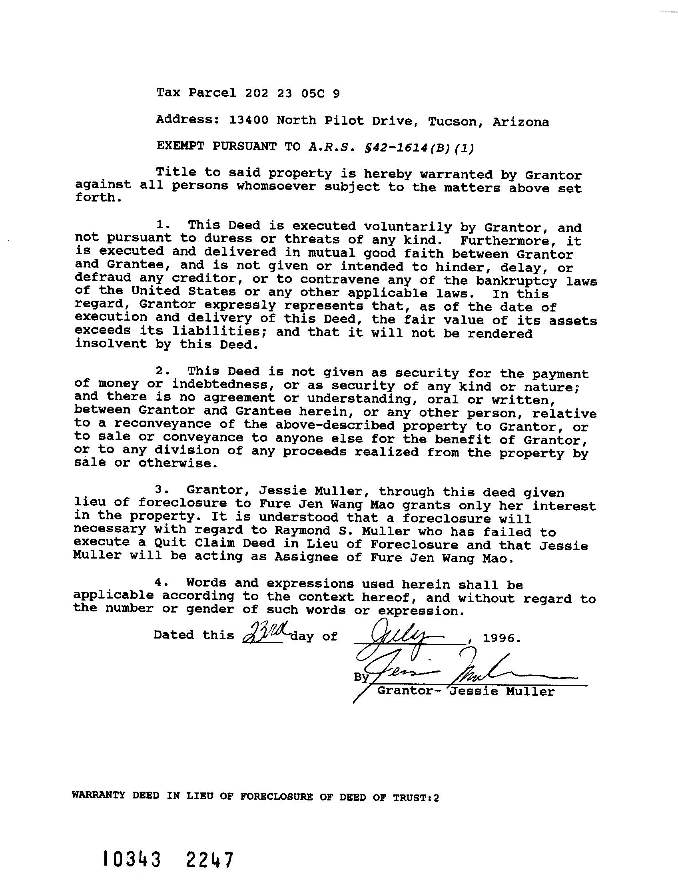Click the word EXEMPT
[180, 146]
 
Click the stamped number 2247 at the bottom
[209, 860]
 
